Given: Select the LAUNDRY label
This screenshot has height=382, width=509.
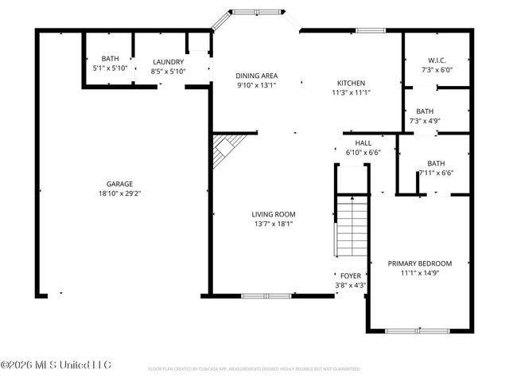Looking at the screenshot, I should click(168, 62).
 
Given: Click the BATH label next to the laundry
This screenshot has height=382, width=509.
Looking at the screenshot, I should click(109, 58).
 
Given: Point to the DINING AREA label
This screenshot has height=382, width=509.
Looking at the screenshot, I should click(255, 76).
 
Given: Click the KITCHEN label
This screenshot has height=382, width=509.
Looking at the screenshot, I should click(351, 83).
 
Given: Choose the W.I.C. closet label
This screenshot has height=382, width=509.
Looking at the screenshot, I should click(437, 60).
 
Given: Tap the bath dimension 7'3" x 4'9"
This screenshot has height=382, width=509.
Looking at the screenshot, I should click(425, 121).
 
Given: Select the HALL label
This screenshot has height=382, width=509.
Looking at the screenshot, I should click(363, 142).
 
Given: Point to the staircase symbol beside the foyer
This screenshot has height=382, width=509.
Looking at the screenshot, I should click(350, 227).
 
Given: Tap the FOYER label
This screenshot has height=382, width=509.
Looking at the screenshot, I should click(351, 275).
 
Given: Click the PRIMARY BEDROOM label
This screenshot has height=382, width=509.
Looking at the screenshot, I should click(419, 263).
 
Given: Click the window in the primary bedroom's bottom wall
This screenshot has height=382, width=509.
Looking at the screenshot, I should click(418, 330).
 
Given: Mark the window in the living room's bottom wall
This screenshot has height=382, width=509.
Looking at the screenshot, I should click(266, 296).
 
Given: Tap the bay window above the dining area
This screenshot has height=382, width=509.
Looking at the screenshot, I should click(255, 13).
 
